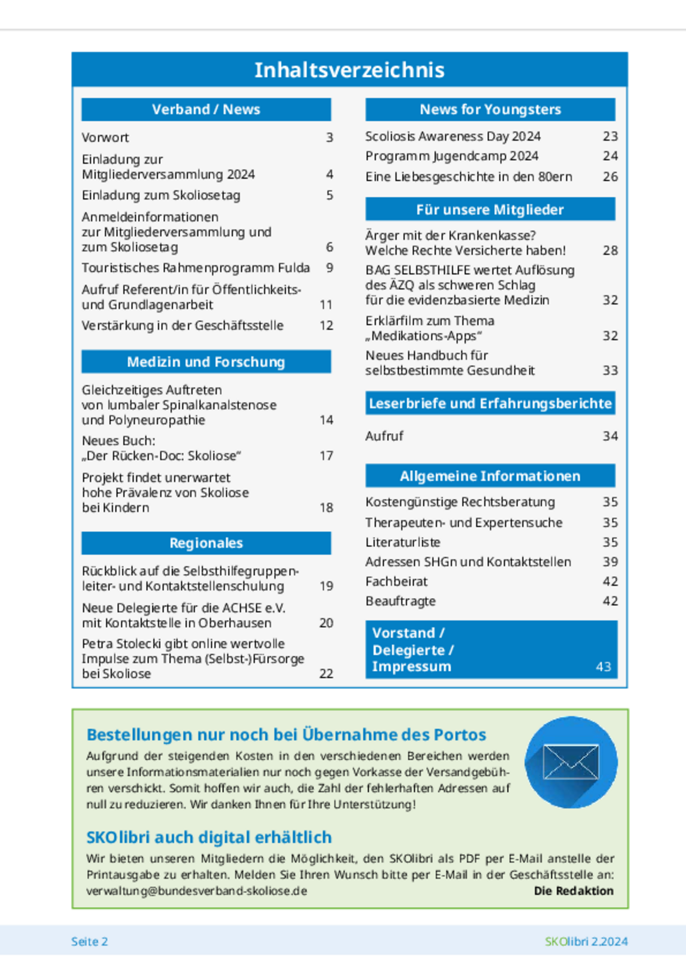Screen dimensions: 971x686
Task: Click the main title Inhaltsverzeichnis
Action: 349,70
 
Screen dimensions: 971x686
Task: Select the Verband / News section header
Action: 206,109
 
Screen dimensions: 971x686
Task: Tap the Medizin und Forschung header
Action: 206,362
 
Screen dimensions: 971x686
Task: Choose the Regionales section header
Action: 206,543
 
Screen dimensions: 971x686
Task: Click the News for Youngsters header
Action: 490,109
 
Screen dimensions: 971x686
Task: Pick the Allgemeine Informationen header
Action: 490,476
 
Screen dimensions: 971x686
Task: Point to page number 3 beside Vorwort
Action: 330,138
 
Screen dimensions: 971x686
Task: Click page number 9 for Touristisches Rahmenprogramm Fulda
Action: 330,268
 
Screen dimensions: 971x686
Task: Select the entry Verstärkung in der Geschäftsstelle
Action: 182,325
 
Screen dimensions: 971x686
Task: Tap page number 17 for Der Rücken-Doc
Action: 326,456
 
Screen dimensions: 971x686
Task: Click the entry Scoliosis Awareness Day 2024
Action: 453,137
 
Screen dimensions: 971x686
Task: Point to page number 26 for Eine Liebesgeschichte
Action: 610,177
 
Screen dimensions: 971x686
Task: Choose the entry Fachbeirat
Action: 397,582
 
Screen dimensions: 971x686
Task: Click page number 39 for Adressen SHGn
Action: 610,562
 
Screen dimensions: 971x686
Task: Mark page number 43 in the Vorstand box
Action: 603,666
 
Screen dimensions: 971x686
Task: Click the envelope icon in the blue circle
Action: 571,762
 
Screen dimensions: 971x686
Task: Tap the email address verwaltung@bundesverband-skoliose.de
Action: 197,891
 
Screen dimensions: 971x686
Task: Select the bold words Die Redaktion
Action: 573,891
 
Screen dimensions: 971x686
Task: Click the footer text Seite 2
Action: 90,942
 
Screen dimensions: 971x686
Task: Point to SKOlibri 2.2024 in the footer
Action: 586,942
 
